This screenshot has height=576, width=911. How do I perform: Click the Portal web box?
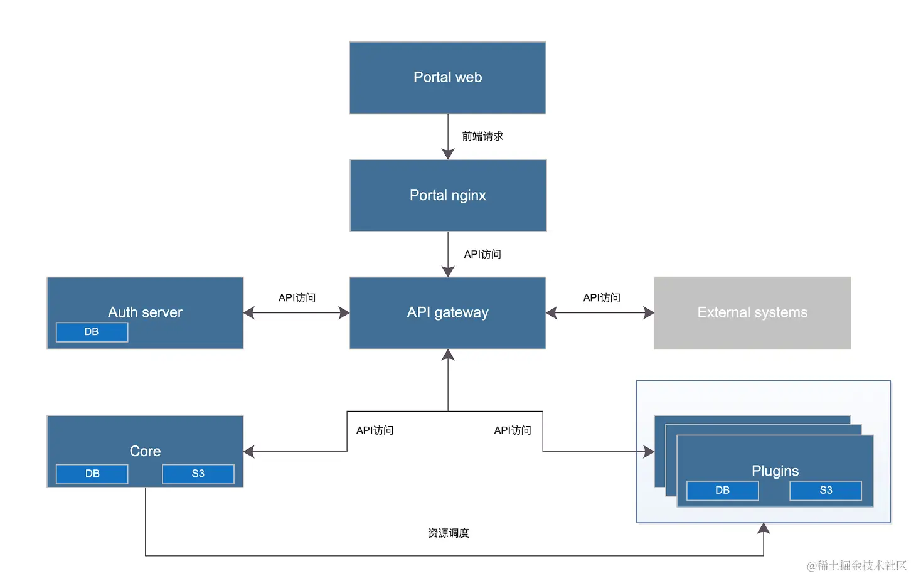tap(447, 78)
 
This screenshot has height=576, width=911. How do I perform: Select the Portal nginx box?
tap(448, 195)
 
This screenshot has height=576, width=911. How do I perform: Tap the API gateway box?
tap(447, 313)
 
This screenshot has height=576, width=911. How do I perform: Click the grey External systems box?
tap(752, 313)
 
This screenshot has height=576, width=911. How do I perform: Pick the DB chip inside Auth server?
tap(92, 332)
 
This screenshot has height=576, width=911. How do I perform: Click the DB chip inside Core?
tap(92, 474)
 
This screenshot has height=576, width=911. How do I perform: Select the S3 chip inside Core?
tap(198, 474)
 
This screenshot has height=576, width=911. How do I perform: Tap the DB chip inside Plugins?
tap(722, 491)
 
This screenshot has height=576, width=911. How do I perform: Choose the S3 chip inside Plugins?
tap(826, 491)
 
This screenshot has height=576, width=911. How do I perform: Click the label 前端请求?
tap(482, 136)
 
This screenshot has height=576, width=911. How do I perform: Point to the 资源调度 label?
tap(448, 533)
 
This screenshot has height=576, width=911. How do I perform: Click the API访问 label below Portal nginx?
tap(482, 254)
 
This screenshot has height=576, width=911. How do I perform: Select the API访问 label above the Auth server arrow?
tap(297, 298)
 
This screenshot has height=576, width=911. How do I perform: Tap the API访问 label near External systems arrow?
tap(602, 298)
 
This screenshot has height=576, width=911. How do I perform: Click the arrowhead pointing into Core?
tap(249, 451)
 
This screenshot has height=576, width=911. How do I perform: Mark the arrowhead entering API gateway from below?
tap(448, 355)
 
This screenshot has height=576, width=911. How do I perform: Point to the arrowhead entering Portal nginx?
tap(448, 154)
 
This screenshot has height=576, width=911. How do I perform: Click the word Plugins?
tap(775, 471)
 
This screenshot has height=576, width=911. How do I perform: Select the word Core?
tap(145, 451)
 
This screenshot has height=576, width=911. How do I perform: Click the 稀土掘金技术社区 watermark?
tap(856, 565)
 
